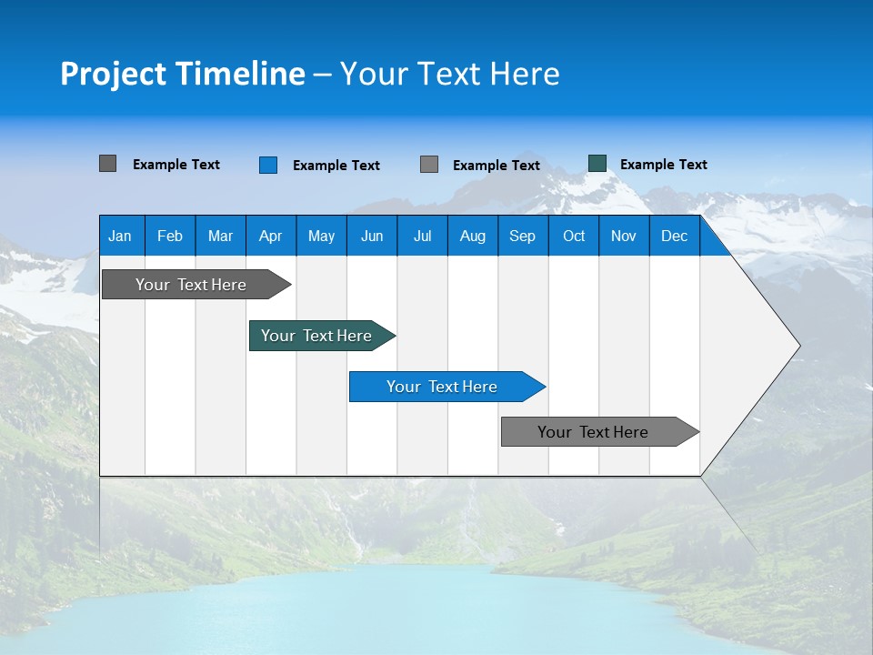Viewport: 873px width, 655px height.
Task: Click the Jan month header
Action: click(x=120, y=236)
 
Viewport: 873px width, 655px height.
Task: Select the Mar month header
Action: click(x=220, y=236)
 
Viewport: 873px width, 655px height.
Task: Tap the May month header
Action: click(x=321, y=236)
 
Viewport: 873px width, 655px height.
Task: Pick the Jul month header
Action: click(x=422, y=236)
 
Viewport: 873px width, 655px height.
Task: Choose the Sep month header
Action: click(x=522, y=236)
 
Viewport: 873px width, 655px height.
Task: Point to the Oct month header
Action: click(x=574, y=236)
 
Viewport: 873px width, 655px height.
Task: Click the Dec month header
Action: click(x=674, y=236)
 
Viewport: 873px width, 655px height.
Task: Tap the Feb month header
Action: click(x=170, y=236)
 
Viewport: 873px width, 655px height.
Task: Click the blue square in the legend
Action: click(x=268, y=165)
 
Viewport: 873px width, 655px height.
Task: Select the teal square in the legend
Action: click(x=597, y=164)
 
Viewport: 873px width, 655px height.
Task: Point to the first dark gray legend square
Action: click(x=108, y=164)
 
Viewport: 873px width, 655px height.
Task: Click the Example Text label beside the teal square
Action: click(x=663, y=165)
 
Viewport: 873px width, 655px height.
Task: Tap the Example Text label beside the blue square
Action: click(x=336, y=166)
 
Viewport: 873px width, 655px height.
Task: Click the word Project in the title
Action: click(x=114, y=74)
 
